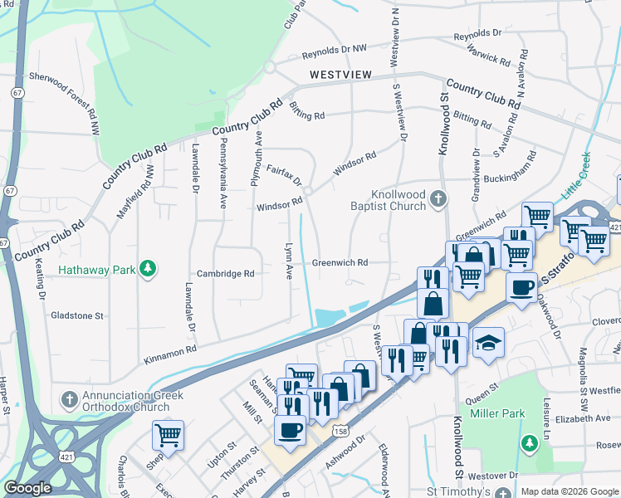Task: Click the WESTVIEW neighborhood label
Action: [x=340, y=75]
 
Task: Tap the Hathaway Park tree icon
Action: [x=148, y=269]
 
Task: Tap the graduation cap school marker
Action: [x=489, y=344]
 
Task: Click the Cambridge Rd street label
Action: [x=225, y=274]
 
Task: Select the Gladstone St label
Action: [x=76, y=316]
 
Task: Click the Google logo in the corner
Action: [x=27, y=488]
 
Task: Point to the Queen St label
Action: [x=482, y=387]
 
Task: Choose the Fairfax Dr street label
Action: [x=284, y=174]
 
